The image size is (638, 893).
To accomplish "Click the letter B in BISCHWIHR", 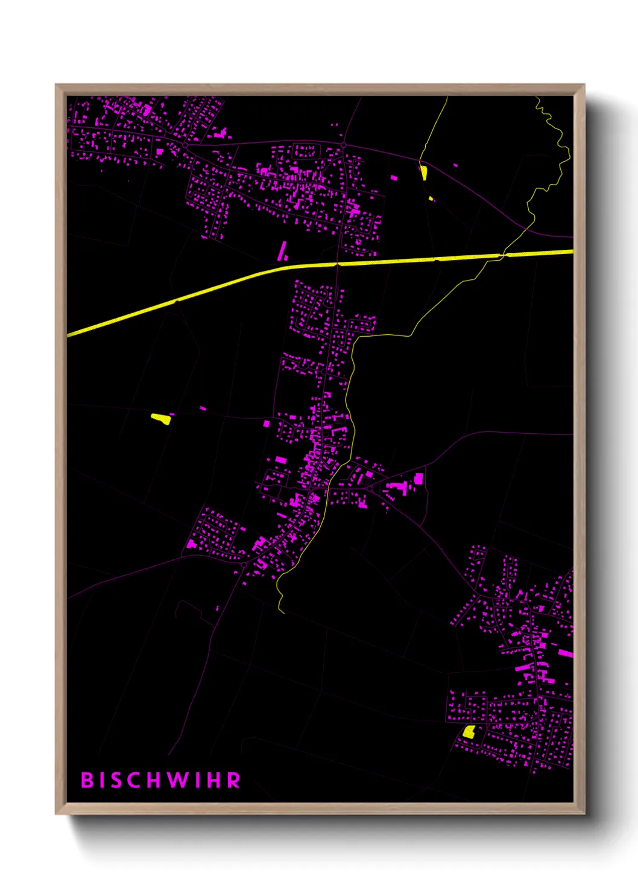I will pos(87,780).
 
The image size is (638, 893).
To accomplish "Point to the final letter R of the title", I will pos(234,780).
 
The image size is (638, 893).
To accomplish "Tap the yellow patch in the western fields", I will pos(161,418).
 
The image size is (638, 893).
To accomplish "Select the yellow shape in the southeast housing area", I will pos(469,732).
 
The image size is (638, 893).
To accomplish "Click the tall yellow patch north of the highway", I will pos(424,173).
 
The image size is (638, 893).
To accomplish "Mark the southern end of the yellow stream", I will pos(282,611).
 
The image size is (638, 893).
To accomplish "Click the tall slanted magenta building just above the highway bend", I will pos(282,250).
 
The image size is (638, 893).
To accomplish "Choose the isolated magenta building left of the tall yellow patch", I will pos(394,178).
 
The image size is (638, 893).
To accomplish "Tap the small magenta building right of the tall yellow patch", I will pos(455,165).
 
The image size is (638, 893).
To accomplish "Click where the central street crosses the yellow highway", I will pos(337,264).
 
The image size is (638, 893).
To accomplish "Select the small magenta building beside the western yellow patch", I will pos(203,408).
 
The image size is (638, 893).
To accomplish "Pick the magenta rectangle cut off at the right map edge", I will pos(566,653).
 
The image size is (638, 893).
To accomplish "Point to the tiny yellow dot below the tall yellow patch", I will pos(431,198).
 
